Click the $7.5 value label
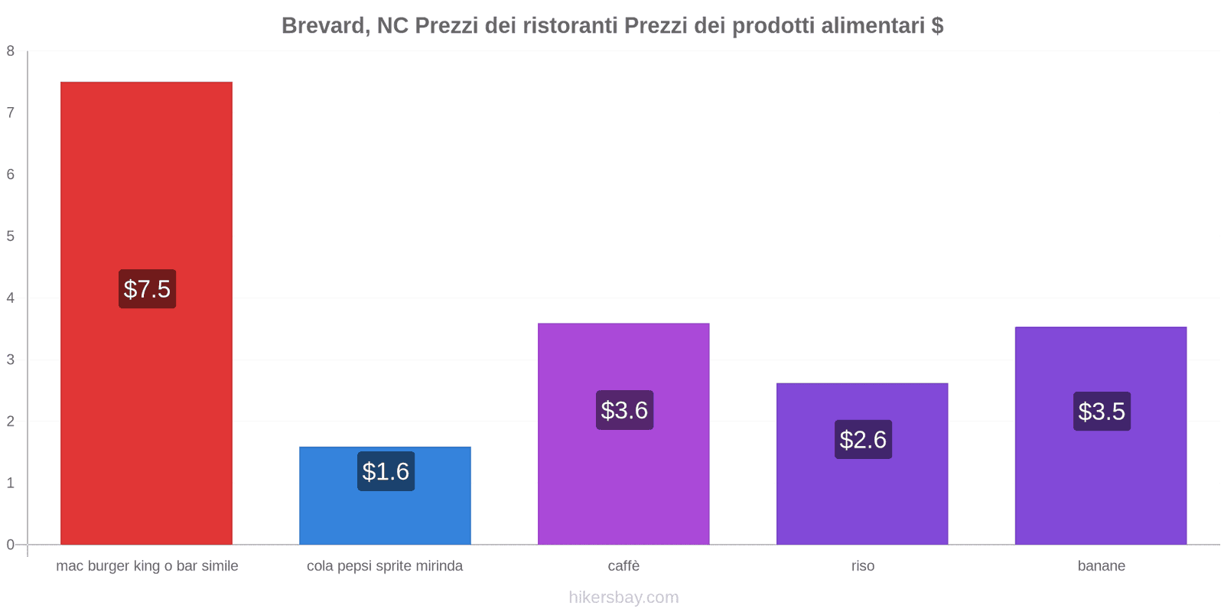click(x=147, y=289)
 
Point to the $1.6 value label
click(x=386, y=471)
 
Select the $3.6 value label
click(x=624, y=410)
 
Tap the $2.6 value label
click(x=863, y=439)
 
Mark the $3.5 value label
click(x=1102, y=412)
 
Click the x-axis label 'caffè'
click(x=623, y=566)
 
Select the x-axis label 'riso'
click(x=862, y=566)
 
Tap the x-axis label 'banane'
click(x=1101, y=566)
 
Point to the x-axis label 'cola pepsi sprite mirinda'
click(x=385, y=566)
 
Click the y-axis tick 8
click(x=11, y=51)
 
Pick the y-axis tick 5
click(x=11, y=236)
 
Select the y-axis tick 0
click(x=11, y=545)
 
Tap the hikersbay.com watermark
click(x=623, y=597)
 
